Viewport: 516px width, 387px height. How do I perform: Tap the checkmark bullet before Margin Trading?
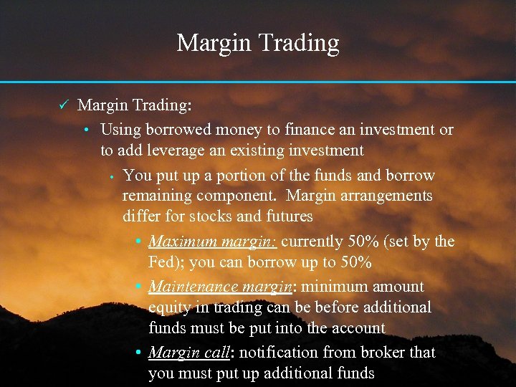tap(62, 105)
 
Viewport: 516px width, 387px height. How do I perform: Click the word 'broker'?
tap(381, 353)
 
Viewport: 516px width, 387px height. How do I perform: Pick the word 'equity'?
tap(169, 307)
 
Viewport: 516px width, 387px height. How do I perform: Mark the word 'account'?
tap(358, 328)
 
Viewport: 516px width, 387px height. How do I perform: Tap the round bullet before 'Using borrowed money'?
tap(85, 130)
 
